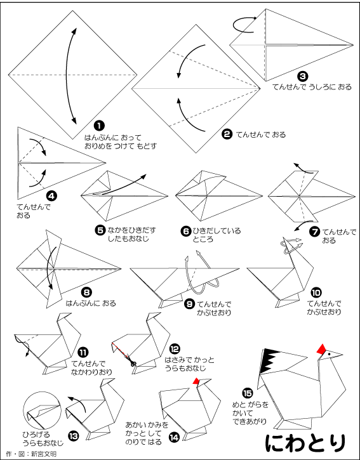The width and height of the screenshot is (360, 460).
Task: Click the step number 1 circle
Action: pos(99,126)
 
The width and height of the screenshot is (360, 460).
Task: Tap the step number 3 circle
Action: pos(303,77)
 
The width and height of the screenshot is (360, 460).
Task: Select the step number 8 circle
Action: pos(87,292)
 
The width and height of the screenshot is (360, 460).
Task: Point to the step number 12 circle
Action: pos(175,349)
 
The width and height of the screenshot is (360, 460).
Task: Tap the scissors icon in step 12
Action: pos(133,364)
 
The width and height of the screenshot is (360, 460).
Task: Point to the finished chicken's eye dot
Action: pos(330,354)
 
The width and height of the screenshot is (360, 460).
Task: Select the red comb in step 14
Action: pos(196,381)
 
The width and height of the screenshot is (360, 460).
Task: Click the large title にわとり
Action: pos(305,442)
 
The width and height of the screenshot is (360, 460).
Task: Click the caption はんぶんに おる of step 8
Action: pos(91,303)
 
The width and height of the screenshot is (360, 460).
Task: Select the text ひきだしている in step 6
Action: pos(217,231)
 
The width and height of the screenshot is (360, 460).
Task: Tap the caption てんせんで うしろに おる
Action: pos(312,87)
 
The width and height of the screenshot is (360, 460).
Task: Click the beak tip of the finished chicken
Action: pos(342,355)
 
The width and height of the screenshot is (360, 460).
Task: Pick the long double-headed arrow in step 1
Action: pos(67,76)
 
